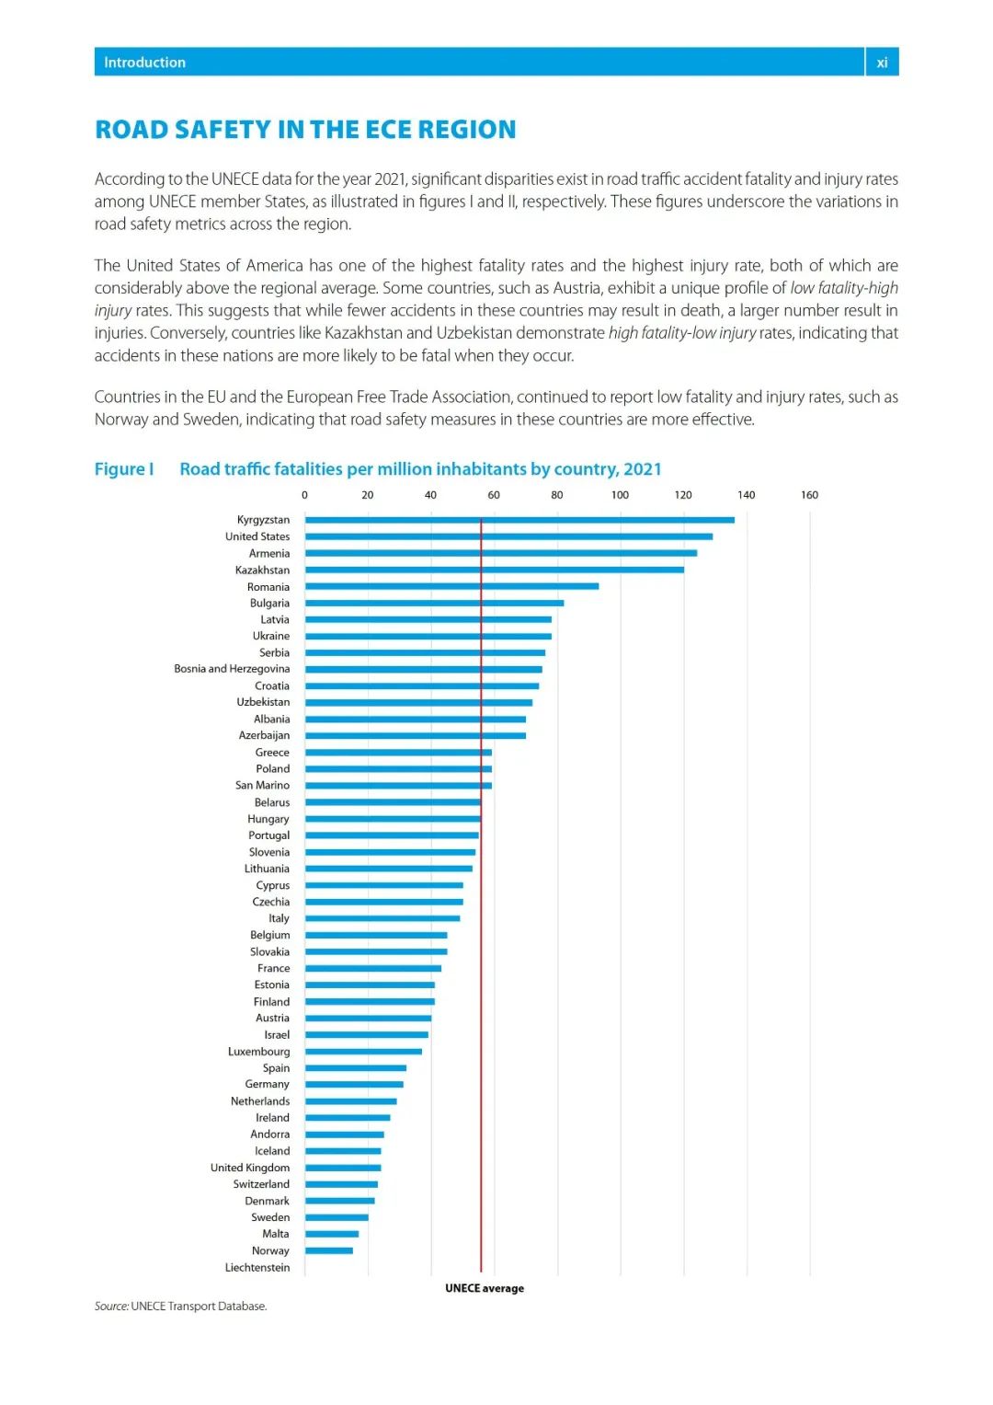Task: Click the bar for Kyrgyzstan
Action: click(x=519, y=520)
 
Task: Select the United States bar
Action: click(x=508, y=536)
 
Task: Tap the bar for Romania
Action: click(x=451, y=586)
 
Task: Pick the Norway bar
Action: click(x=329, y=1250)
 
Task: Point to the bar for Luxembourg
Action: click(x=363, y=1052)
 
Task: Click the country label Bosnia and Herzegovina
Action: click(x=232, y=669)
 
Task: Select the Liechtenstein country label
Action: click(x=257, y=1268)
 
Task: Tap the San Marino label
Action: click(x=262, y=786)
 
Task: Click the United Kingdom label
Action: click(x=250, y=1168)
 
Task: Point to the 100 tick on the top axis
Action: click(x=620, y=495)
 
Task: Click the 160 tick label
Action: click(x=809, y=495)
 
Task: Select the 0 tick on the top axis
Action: click(x=305, y=495)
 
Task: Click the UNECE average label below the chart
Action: click(x=485, y=1288)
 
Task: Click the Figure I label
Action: click(x=124, y=469)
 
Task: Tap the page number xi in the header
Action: click(x=882, y=63)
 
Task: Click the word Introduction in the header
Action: click(x=144, y=63)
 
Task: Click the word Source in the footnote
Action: click(x=110, y=1307)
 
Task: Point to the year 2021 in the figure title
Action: click(x=642, y=469)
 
